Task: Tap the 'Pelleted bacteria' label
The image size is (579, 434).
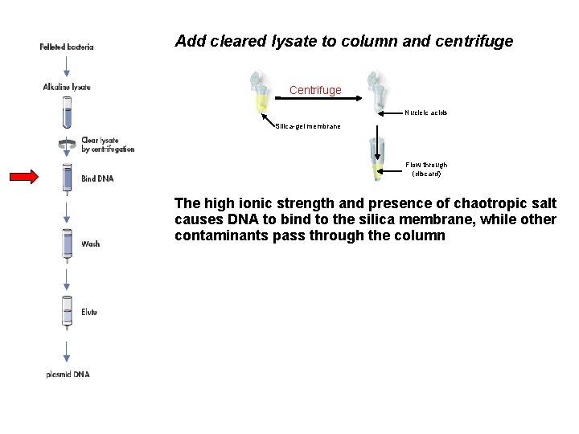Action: click(x=67, y=47)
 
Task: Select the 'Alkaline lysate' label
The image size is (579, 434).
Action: click(x=67, y=87)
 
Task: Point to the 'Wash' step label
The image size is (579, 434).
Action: click(x=90, y=243)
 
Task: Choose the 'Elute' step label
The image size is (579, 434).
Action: click(x=89, y=311)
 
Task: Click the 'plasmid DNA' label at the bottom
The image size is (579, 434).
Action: click(x=67, y=375)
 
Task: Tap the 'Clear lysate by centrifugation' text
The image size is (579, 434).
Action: click(x=108, y=145)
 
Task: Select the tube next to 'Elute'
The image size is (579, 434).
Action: click(x=67, y=311)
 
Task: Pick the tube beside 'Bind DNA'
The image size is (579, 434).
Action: click(x=67, y=178)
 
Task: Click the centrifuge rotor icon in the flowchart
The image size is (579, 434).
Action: click(x=67, y=144)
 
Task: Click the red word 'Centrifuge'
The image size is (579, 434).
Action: click(x=315, y=90)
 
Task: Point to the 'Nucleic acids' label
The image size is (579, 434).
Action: click(x=425, y=113)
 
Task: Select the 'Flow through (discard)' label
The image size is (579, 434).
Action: click(x=426, y=169)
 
